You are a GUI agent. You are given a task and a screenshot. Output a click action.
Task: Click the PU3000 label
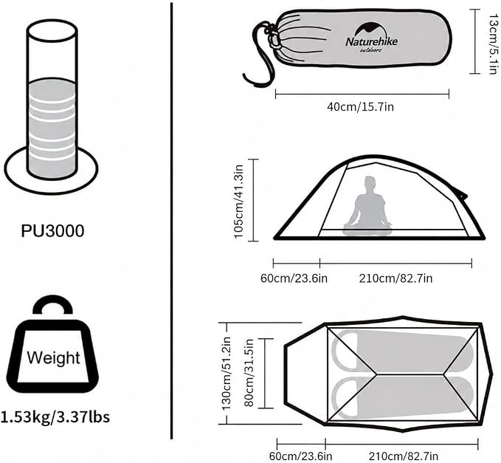(52, 231)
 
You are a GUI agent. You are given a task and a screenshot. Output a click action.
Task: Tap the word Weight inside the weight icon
(53, 358)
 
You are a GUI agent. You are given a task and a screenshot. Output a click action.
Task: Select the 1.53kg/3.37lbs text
(55, 417)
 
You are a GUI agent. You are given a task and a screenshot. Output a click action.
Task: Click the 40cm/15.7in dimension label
(360, 107)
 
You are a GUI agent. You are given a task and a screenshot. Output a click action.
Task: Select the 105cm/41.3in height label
(238, 202)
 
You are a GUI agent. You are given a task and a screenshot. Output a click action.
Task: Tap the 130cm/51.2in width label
(227, 374)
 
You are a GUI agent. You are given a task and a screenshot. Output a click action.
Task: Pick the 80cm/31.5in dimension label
(249, 373)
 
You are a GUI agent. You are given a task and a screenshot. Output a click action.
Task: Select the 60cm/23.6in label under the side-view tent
(294, 278)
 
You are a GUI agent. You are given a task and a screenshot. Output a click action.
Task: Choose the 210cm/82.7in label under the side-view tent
(396, 278)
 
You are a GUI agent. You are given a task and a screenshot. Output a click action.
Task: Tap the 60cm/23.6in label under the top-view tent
(300, 456)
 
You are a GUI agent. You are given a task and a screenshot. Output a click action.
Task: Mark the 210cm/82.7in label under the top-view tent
(404, 456)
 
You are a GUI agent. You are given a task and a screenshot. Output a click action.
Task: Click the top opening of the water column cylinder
(52, 30)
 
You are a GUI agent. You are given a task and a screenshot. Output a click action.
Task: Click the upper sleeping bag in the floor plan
(403, 352)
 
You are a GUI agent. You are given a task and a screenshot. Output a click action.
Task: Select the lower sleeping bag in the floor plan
(403, 397)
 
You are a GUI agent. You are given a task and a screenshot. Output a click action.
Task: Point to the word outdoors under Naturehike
(370, 50)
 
